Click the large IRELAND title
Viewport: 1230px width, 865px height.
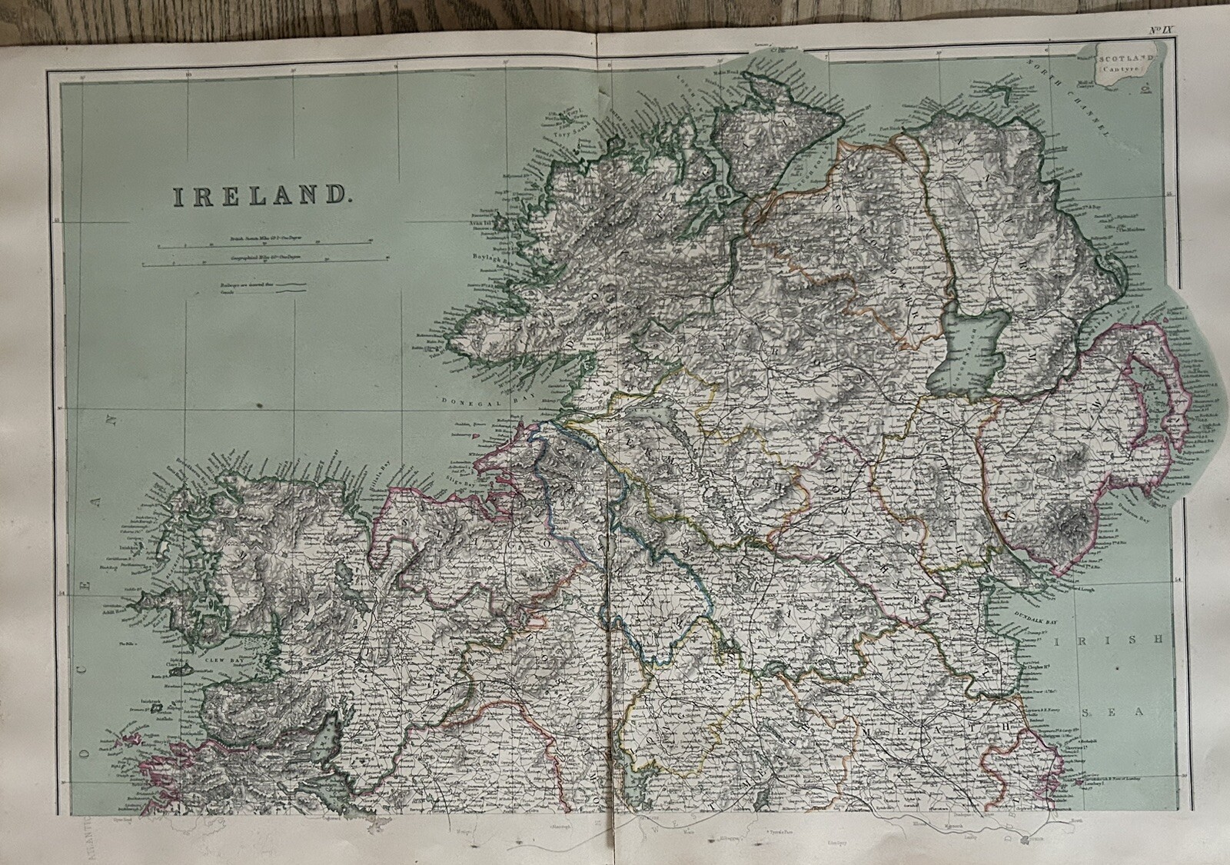258,195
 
